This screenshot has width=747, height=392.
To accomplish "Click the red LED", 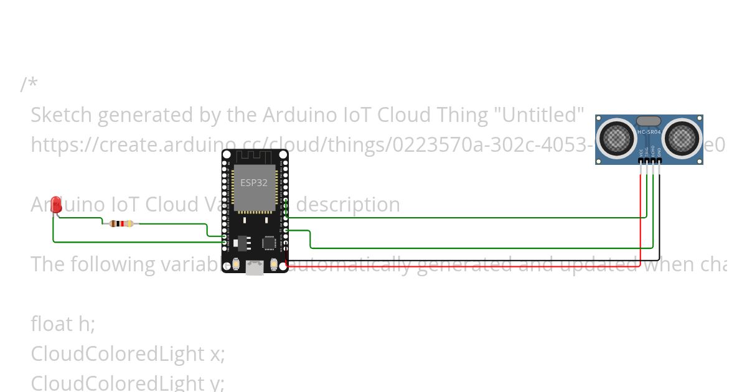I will tap(56, 204).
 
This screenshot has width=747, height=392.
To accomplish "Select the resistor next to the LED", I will tap(121, 223).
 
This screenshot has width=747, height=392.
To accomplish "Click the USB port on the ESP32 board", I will tap(255, 268).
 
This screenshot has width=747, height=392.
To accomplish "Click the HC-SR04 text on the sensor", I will tap(649, 133).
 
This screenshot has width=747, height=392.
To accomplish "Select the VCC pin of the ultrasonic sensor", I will tap(641, 161).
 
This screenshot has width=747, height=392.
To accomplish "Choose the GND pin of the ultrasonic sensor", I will tap(659, 161).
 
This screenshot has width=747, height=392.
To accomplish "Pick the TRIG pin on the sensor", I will tap(647, 161).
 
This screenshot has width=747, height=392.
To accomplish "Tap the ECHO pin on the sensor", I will tap(653, 161).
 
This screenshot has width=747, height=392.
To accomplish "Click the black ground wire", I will tap(473, 259).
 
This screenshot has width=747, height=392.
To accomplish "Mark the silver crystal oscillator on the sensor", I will tap(649, 121).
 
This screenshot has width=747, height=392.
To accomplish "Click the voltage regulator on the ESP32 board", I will tap(241, 241).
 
